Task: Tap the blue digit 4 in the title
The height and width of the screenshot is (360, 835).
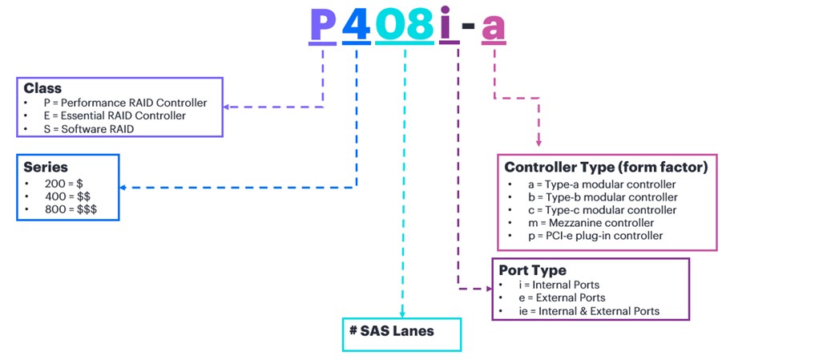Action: coord(357,24)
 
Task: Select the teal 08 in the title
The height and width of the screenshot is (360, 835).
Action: coord(405,24)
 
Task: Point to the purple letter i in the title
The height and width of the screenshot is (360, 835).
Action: coord(450,24)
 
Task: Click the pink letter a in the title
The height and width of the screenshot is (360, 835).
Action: coord(493,28)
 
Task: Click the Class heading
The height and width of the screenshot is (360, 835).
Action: coord(42,88)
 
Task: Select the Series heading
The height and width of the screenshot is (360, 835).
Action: coord(45,167)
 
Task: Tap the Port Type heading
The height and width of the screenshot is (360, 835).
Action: coord(533,270)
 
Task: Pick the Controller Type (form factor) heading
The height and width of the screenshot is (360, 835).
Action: coord(606,168)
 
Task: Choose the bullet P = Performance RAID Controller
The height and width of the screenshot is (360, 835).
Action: coord(126,103)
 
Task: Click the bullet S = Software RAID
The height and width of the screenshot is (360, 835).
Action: coord(89,129)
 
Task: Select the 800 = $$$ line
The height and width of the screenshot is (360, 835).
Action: coord(71,209)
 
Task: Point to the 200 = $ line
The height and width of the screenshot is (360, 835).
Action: coord(64,184)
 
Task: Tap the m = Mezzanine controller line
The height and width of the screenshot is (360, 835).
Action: coord(591,223)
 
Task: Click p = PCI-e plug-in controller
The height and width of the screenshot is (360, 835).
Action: coord(596,236)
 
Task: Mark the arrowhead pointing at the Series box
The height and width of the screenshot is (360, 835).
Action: coord(123,188)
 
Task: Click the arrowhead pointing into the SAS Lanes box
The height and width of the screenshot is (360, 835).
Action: coord(402,314)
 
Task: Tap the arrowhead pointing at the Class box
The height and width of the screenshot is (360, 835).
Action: coord(226,107)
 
